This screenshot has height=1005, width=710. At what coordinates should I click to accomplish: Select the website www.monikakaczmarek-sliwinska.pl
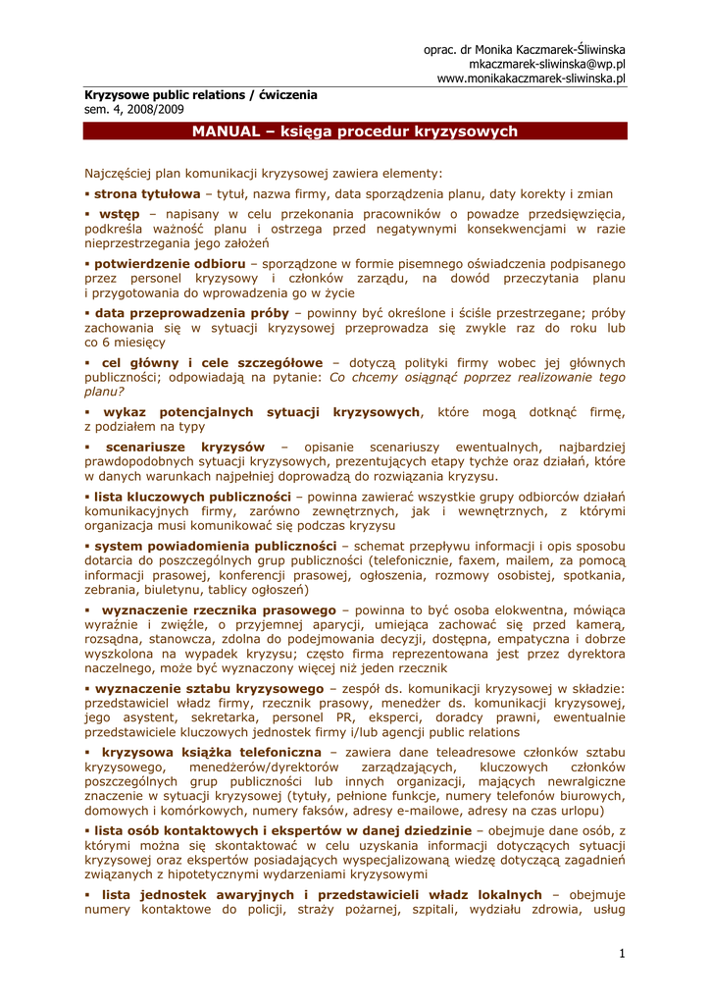tap(532, 79)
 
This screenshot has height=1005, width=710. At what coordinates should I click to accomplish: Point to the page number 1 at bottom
tap(622, 954)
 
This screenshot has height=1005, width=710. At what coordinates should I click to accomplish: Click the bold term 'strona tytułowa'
tap(147, 194)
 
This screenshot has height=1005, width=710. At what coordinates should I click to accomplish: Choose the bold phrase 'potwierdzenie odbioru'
tap(170, 265)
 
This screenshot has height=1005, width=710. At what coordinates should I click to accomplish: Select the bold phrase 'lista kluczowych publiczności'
tap(192, 497)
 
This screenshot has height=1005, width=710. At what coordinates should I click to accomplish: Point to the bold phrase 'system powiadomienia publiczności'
tap(215, 546)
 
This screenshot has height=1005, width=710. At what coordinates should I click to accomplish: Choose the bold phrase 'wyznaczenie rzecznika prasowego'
tap(220, 609)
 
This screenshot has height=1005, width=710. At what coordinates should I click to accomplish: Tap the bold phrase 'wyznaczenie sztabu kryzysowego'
tap(209, 689)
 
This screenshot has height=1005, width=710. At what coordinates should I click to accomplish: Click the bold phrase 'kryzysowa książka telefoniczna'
tap(217, 752)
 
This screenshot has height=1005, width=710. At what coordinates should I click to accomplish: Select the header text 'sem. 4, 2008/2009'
tap(133, 110)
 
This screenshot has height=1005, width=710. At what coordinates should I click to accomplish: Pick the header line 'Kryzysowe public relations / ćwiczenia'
tap(200, 95)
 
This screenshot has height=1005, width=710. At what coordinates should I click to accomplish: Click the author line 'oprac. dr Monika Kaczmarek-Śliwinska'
tap(525, 49)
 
